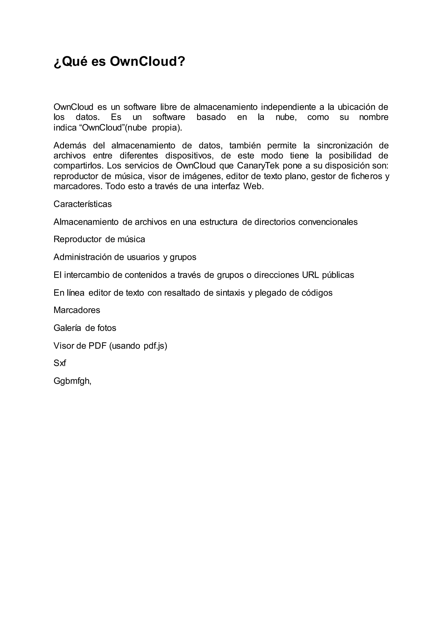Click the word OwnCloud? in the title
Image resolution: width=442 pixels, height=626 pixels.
[x=147, y=61]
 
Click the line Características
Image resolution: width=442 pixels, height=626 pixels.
[x=82, y=204]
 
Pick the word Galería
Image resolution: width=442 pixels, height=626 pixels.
[x=67, y=328]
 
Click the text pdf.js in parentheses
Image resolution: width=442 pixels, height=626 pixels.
[x=154, y=346]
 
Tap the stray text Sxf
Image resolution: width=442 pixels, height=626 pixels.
[x=60, y=363]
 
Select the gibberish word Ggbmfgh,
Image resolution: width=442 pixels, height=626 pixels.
[x=72, y=381]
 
